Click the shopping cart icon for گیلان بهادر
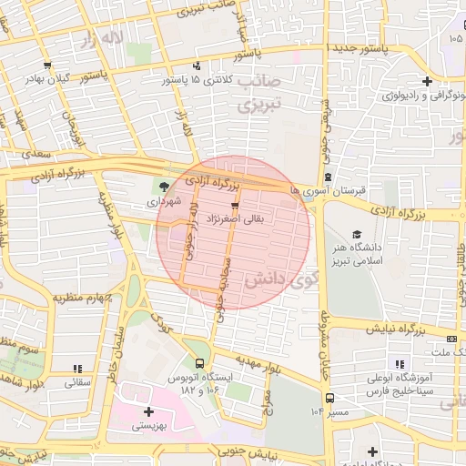click(x=46, y=66)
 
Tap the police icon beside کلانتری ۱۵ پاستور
click(x=198, y=65)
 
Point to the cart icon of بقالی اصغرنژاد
click(x=235, y=205)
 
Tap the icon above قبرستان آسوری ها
click(x=328, y=177)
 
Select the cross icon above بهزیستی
click(x=148, y=411)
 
